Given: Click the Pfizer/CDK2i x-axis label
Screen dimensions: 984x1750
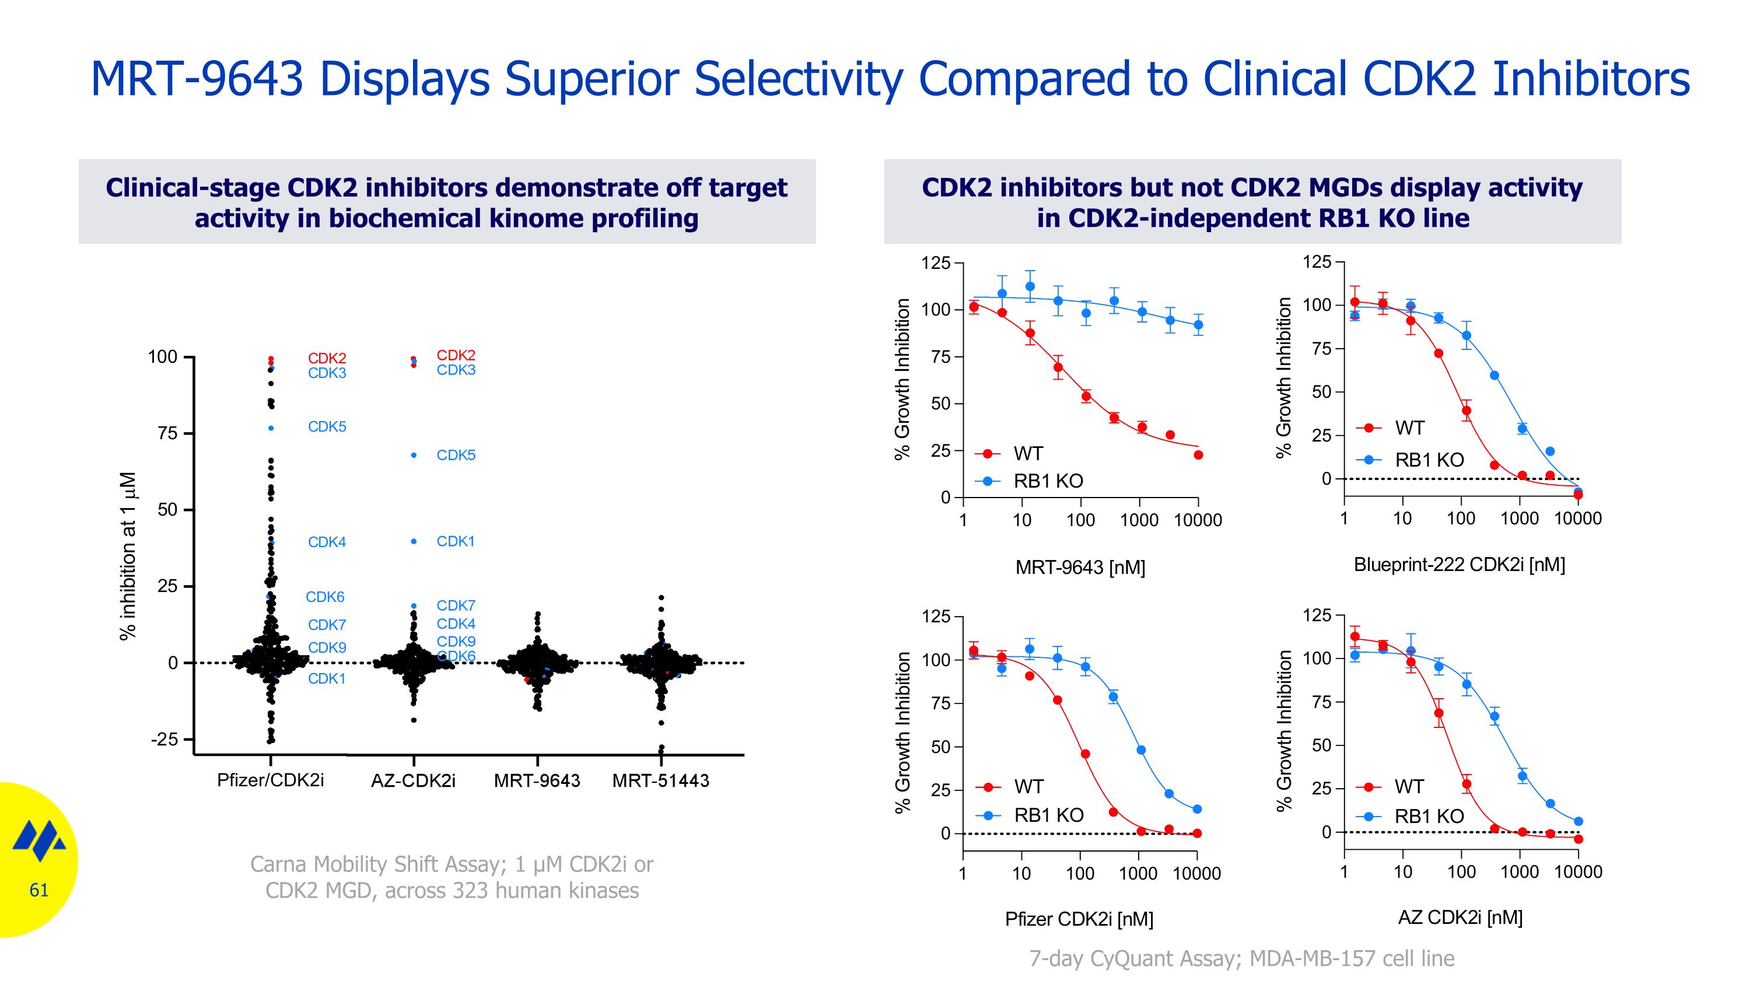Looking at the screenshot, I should pos(271,780).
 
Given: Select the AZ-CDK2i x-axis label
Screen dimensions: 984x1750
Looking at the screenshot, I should pos(413,780).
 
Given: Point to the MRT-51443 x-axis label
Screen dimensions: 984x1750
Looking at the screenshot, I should pos(660,780).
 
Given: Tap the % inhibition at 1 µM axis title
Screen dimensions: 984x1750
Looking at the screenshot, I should pos(128,555).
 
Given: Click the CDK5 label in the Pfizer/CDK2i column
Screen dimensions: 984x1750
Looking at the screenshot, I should pos(327,426).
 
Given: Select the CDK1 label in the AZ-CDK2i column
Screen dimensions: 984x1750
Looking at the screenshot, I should pos(455,541).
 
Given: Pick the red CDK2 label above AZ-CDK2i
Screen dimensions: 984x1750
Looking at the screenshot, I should pos(456,355).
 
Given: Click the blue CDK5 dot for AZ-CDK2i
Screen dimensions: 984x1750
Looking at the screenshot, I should pos(414,455).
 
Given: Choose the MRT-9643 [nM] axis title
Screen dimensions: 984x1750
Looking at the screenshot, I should pos(1080,567).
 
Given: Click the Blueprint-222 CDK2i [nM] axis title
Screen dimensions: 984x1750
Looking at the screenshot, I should pos(1459,564).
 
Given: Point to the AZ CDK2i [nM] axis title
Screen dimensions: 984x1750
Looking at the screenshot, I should pos(1460,917).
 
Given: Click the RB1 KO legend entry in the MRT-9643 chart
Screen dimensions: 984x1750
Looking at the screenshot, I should pos(1048,481).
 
